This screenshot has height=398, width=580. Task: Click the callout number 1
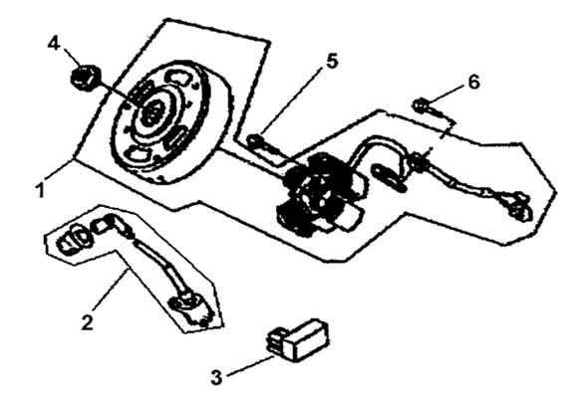(x=40, y=189)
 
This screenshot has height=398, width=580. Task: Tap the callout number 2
(x=88, y=321)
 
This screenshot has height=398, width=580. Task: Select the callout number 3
(x=217, y=376)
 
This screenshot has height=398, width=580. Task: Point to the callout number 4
(x=54, y=44)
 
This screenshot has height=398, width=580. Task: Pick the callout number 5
(x=332, y=61)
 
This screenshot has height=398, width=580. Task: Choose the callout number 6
(x=473, y=82)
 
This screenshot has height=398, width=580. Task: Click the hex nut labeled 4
(x=86, y=78)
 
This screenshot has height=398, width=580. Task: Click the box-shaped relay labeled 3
(x=298, y=340)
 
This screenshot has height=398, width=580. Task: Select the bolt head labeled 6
(x=421, y=105)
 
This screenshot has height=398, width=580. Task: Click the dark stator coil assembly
(x=317, y=195)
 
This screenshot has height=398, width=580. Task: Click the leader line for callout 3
(x=250, y=366)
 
